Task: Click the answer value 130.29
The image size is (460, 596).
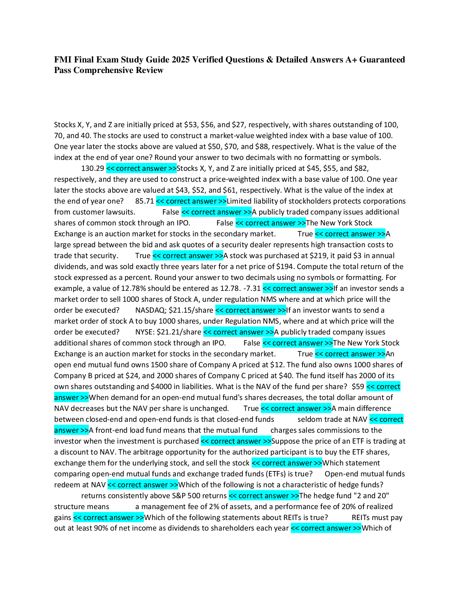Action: coord(92,168)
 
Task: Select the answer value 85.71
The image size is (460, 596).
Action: coord(144,201)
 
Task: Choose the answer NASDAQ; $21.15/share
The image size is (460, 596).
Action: coord(174,310)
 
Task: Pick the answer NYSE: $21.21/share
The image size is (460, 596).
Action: coord(168,332)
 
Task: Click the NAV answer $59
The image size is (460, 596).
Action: coord(358,386)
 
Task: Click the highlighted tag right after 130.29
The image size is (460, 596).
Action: coord(141,168)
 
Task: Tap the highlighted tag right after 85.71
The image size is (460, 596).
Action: coord(191,201)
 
